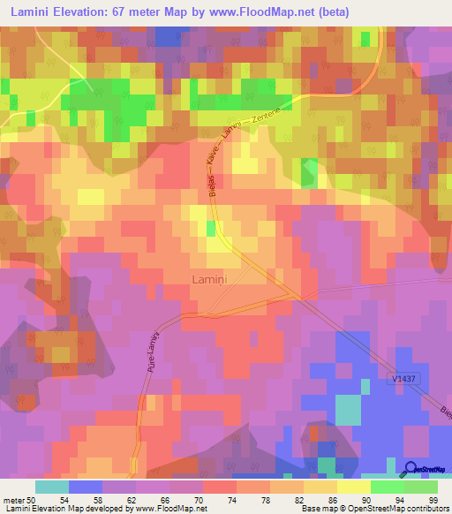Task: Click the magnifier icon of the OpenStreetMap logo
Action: point(411,469)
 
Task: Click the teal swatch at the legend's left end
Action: point(52,487)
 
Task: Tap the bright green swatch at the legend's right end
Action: point(421,487)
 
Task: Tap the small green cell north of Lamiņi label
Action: point(210,229)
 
